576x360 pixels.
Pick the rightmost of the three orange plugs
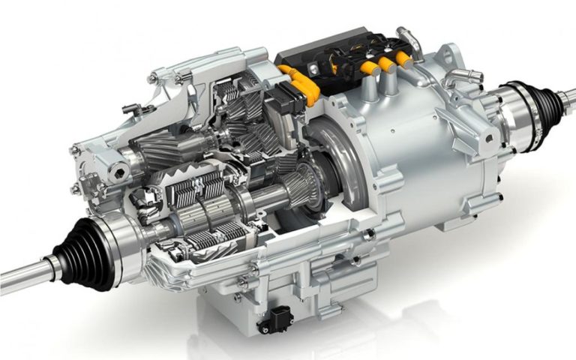404,58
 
